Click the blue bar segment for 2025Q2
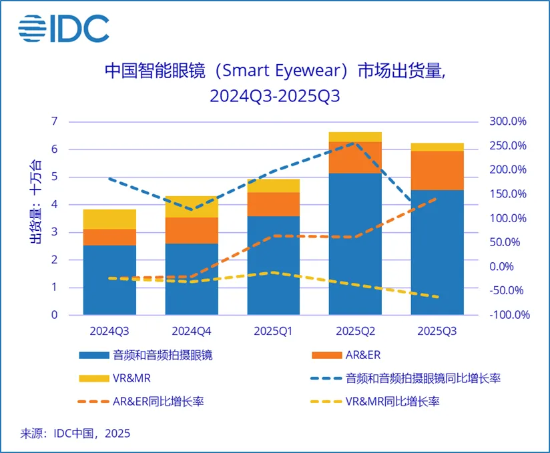click(x=355, y=244)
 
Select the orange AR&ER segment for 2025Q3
click(x=437, y=170)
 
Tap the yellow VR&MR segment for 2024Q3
click(x=109, y=219)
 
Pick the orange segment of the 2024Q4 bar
click(x=192, y=230)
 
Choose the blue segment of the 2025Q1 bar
click(x=273, y=265)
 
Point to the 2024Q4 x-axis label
click(x=192, y=330)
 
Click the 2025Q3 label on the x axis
click(x=437, y=330)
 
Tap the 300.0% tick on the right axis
click(x=509, y=121)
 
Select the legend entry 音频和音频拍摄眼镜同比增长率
click(x=408, y=378)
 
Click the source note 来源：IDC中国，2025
click(x=75, y=433)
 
